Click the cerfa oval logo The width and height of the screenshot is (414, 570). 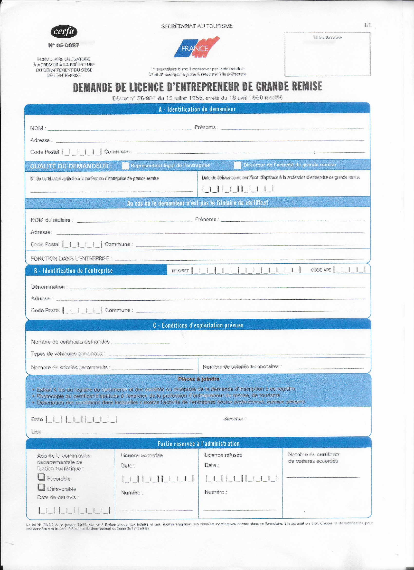pyautogui.click(x=64, y=32)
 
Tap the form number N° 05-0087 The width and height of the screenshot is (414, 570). pyautogui.click(x=64, y=46)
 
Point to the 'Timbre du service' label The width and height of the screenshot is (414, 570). pyautogui.click(x=327, y=37)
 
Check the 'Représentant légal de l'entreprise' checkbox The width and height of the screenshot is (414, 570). pyautogui.click(x=125, y=166)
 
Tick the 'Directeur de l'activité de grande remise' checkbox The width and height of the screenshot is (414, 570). pyautogui.click(x=237, y=165)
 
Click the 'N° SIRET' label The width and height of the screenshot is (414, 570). pyautogui.click(x=180, y=271)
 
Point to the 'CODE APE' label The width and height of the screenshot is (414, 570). pyautogui.click(x=320, y=270)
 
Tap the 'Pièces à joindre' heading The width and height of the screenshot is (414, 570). pyautogui.click(x=198, y=379)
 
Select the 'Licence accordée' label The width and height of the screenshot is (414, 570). pyautogui.click(x=142, y=455)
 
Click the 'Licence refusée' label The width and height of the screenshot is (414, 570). pyautogui.click(x=223, y=455)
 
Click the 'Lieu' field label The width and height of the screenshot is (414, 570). pyautogui.click(x=36, y=432)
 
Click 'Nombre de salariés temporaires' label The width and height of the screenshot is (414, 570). pyautogui.click(x=242, y=367)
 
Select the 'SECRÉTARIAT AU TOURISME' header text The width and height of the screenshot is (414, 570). pyautogui.click(x=197, y=26)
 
